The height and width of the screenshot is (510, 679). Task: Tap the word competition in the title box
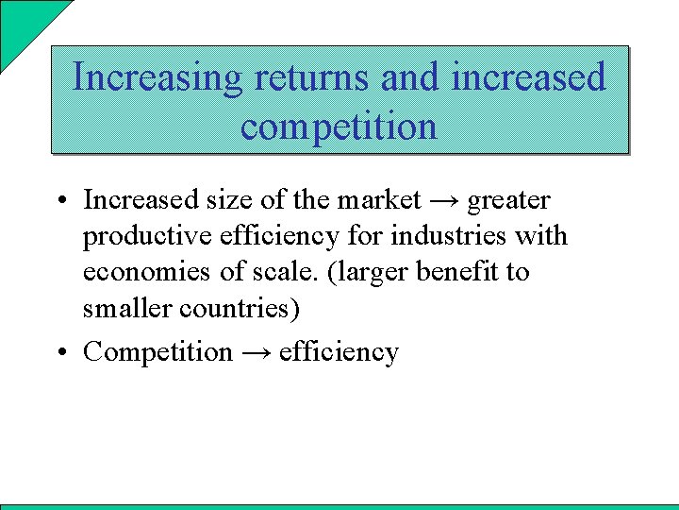click(339, 126)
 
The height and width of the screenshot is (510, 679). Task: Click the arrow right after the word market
click(444, 200)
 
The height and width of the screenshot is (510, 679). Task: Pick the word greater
click(509, 201)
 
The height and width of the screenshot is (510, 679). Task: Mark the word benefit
click(462, 272)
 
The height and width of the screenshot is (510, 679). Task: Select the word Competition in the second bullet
click(157, 352)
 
